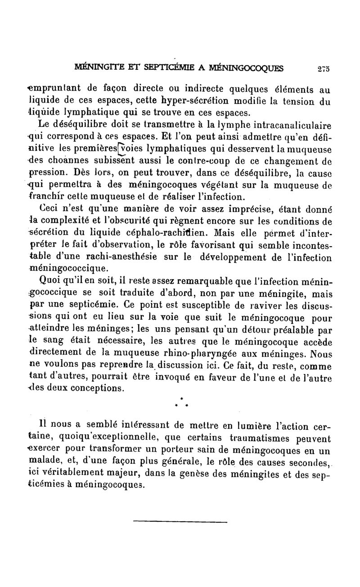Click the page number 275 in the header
coord(323,68)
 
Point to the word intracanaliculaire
coord(294,125)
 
